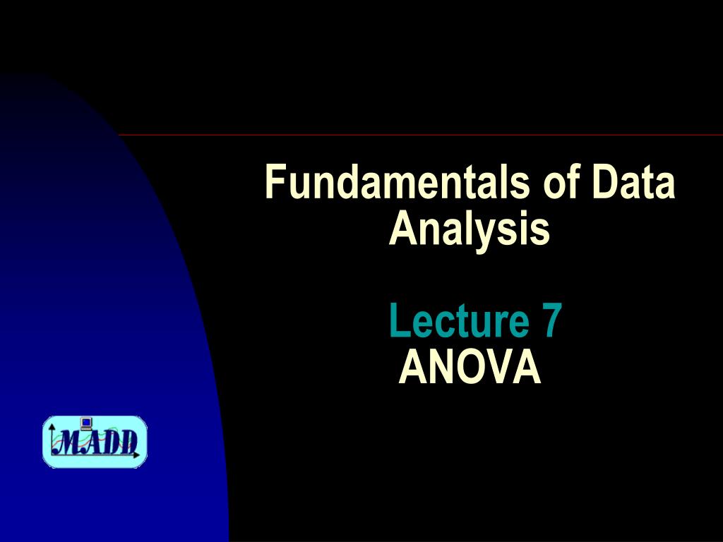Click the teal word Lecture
(459, 320)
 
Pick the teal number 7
(552, 320)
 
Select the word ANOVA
(470, 366)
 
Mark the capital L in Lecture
(399, 320)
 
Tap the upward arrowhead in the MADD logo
(52, 427)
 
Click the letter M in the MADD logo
(69, 442)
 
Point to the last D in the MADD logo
(129, 442)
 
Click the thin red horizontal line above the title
(421, 135)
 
